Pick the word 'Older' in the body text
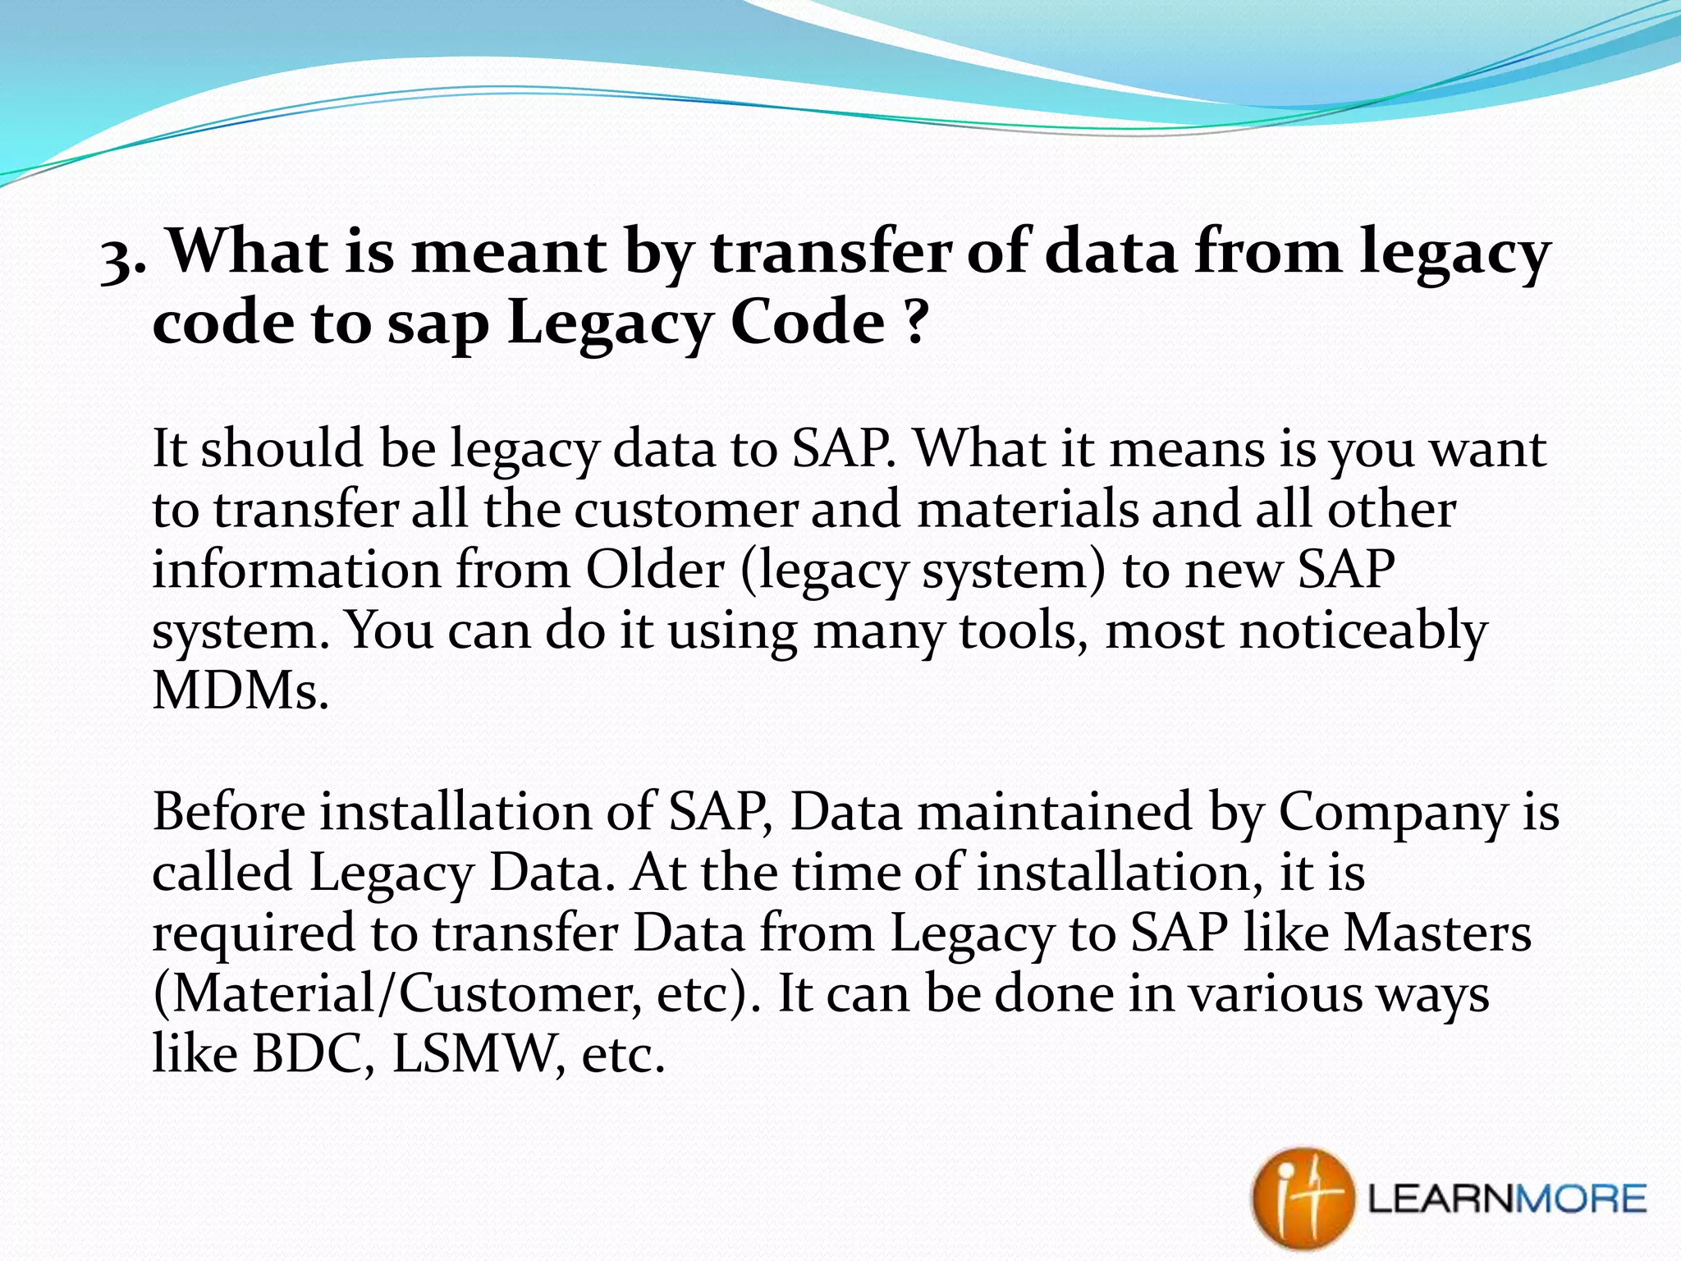655,569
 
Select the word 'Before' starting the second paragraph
229,811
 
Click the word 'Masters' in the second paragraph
1437,933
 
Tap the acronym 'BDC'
305,1053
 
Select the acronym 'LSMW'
479,1053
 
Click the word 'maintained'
1054,811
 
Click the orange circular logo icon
1302,1199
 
